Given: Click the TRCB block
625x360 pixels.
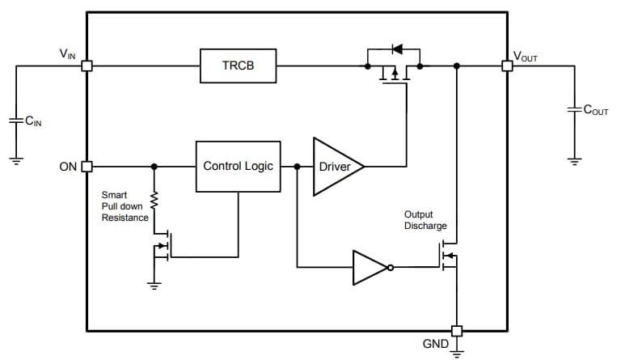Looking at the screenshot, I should pos(238,66).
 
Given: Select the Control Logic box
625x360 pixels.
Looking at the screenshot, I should pos(238,167).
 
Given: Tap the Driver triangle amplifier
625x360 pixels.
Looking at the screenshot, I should pos(335,167).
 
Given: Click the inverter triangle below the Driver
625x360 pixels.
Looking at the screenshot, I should pos(371,267).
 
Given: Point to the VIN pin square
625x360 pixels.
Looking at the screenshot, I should pos(87,66).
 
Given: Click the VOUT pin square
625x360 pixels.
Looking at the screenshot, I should pos(507,66).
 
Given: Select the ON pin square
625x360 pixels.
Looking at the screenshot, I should pos(87,167).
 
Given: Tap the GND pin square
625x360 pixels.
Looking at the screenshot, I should pos(457,331).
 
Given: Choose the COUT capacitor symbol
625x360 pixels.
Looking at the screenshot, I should pos(574,108).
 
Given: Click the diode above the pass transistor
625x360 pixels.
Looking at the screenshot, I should pos(395,49).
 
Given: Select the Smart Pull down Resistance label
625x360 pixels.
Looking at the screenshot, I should pos(125,206).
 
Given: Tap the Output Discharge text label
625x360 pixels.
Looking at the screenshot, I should pos(425,220).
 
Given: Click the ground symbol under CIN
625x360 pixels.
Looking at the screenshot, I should pos(16,159).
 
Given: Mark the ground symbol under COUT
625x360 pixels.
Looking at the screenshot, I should pos(574,160).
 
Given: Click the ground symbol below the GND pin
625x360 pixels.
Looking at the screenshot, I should pos(457,351).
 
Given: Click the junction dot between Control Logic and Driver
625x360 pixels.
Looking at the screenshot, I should pos(298,167).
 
